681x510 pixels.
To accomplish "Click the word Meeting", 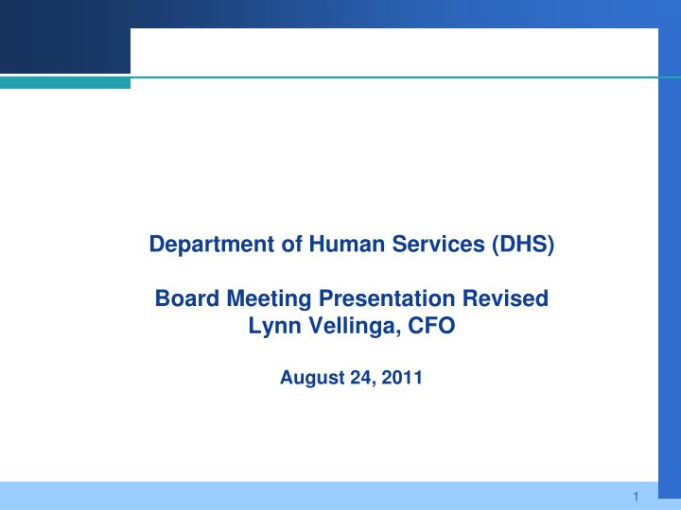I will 266,299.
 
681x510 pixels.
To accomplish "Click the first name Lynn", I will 271,327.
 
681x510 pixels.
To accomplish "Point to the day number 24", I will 359,379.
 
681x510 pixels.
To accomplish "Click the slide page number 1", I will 637,497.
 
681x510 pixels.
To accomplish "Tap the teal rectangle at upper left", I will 64,83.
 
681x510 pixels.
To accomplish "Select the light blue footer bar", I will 312,496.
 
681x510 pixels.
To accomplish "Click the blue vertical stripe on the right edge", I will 669,283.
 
